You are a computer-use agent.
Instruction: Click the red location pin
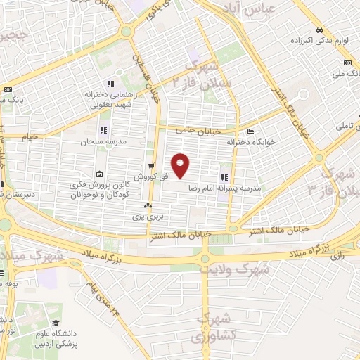tap(181, 165)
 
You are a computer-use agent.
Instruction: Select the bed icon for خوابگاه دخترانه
tap(250, 131)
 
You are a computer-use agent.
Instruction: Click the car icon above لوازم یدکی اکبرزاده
tap(319, 30)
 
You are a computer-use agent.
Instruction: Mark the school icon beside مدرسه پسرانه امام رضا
tap(225, 178)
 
